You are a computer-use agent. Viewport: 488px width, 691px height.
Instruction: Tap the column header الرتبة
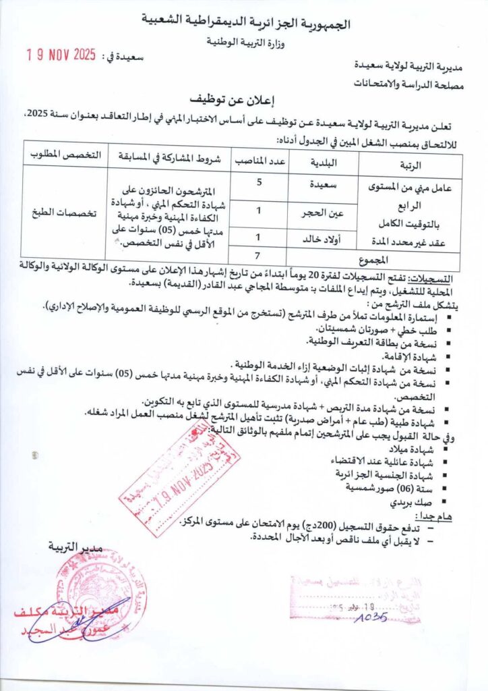point(410,164)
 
